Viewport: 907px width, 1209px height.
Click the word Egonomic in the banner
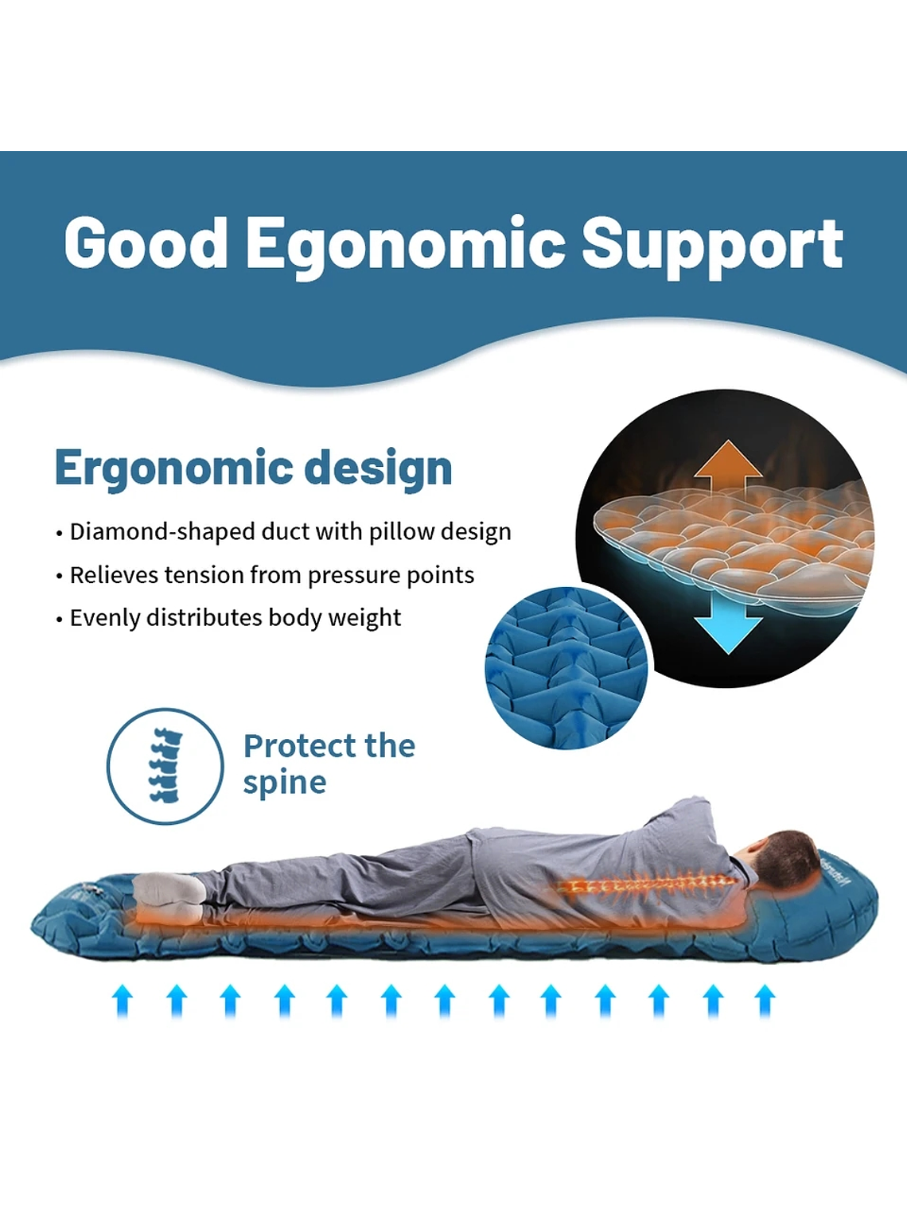[406, 246]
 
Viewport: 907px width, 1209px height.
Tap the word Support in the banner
[713, 246]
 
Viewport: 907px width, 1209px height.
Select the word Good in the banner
[146, 243]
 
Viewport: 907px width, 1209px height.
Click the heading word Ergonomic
[174, 468]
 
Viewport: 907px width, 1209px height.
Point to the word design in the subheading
[379, 468]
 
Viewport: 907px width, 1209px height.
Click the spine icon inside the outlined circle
[165, 765]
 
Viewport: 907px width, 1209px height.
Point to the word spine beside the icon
[285, 783]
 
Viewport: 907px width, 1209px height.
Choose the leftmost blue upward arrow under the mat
[123, 1001]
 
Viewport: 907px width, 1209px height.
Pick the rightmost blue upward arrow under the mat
[764, 1001]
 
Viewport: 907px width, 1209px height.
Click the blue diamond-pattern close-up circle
[566, 668]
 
